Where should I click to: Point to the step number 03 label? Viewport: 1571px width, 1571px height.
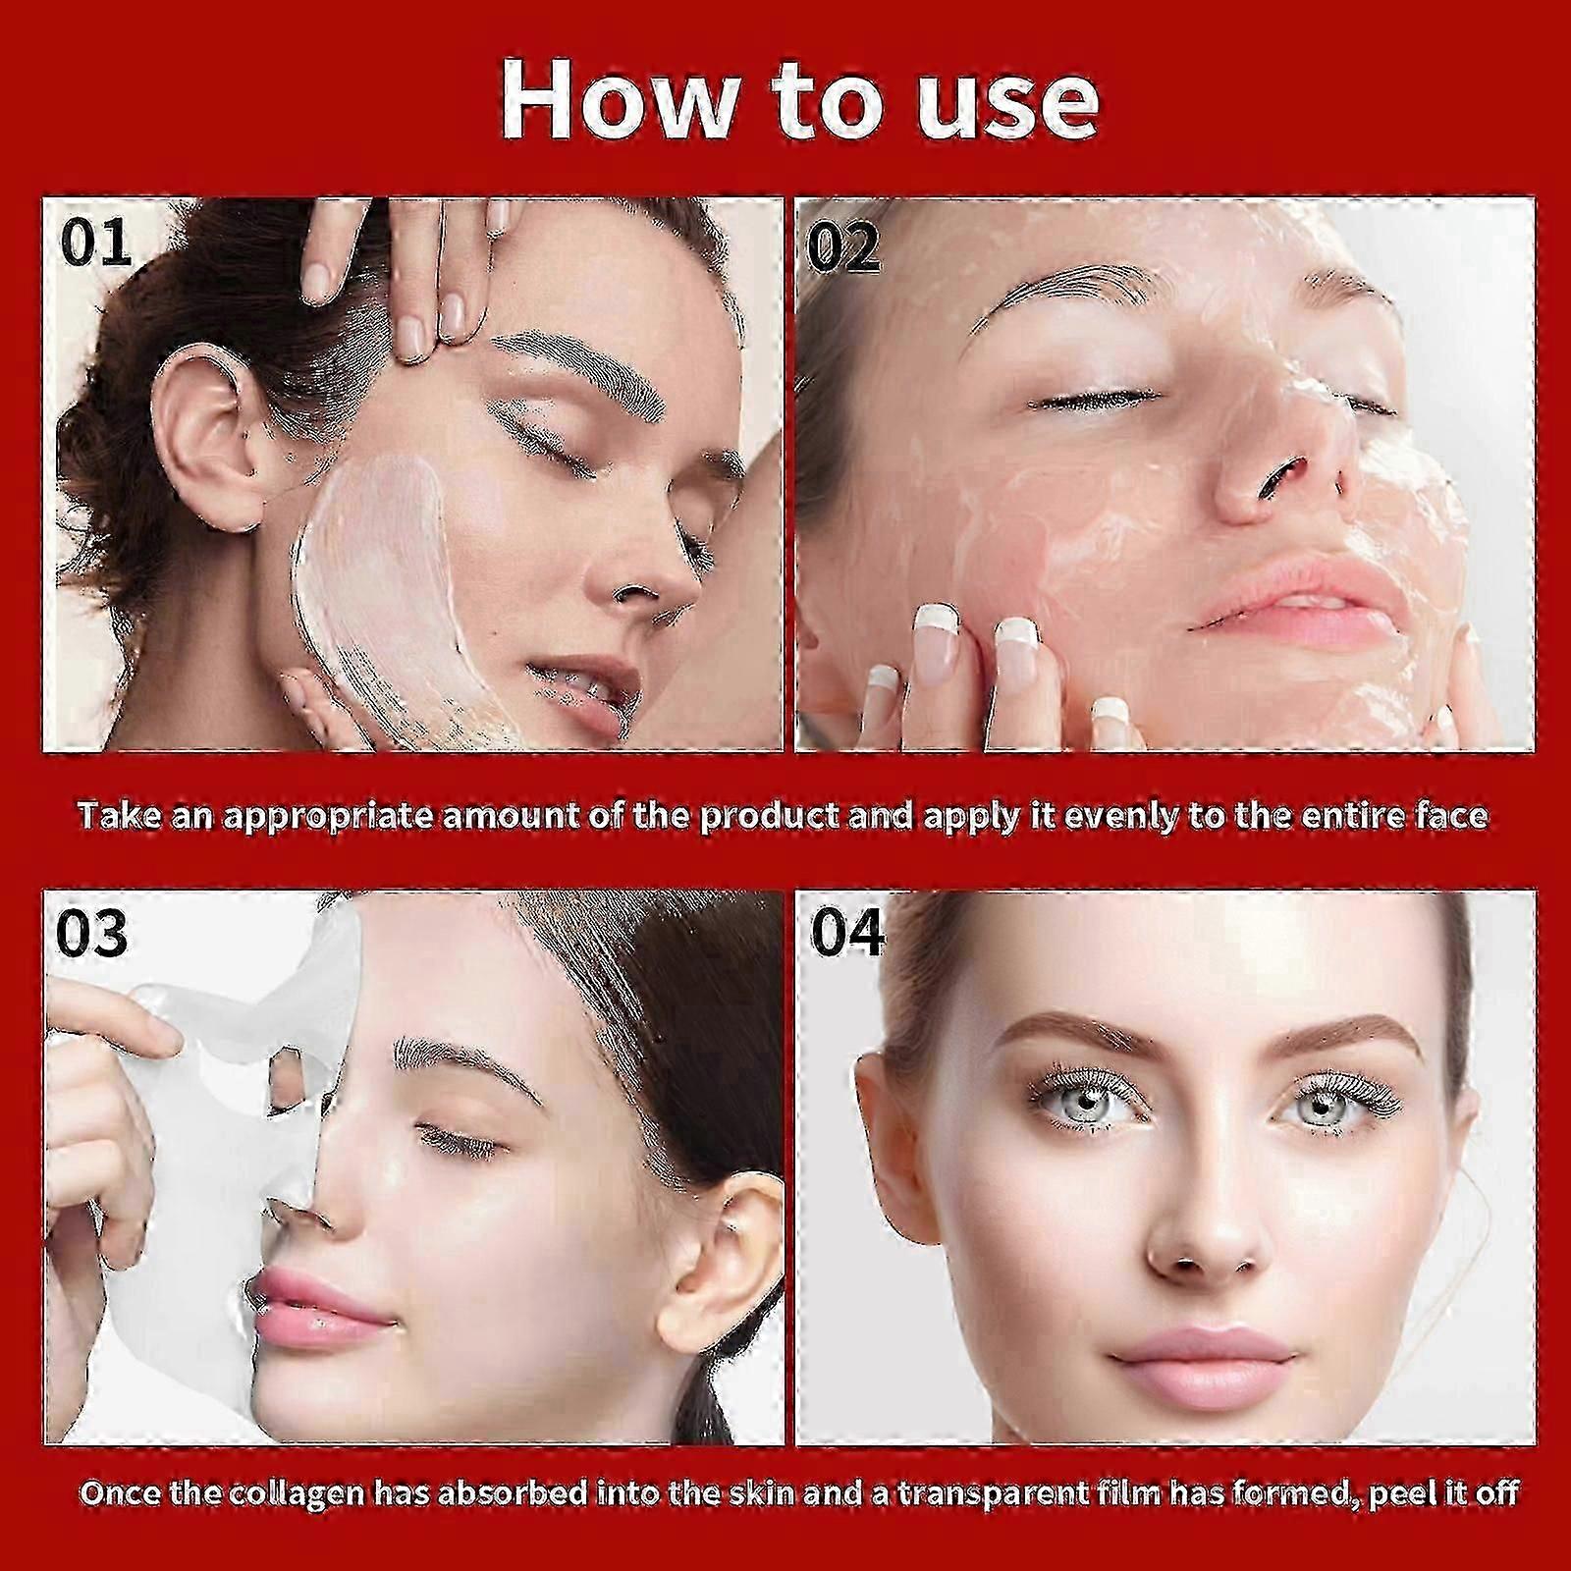[91, 933]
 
